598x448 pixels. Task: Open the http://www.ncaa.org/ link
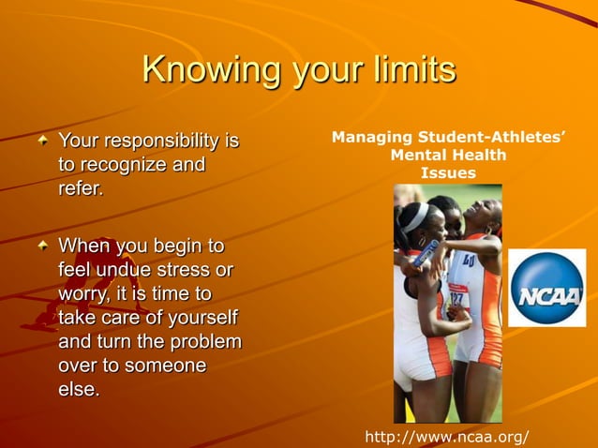pyautogui.click(x=446, y=437)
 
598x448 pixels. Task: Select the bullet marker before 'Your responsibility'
pyautogui.click(x=42, y=142)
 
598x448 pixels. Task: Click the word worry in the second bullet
pyautogui.click(x=82, y=294)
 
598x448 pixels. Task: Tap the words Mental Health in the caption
pyautogui.click(x=448, y=156)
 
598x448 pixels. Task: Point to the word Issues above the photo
pyautogui.click(x=448, y=172)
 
